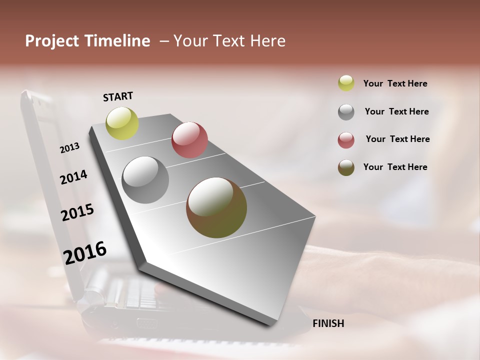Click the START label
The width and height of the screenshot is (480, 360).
(118, 96)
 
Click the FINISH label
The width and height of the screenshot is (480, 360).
(328, 323)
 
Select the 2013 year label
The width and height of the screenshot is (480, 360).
(70, 148)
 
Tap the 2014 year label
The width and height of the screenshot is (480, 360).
(73, 177)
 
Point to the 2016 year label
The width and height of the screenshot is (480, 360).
(85, 252)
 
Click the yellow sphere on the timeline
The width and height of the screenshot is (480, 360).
(122, 123)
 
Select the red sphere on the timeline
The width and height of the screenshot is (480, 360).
(189, 140)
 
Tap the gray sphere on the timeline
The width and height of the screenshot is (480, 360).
(145, 180)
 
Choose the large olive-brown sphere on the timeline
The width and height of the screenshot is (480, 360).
(216, 207)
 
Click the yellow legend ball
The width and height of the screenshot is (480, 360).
(346, 83)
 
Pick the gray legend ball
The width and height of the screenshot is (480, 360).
(346, 112)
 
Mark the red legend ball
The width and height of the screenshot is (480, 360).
(346, 140)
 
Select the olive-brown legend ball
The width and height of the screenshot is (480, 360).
(346, 167)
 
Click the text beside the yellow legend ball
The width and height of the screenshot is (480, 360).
(395, 83)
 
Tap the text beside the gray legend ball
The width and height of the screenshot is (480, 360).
(396, 111)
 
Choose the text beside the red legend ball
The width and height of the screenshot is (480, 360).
(397, 139)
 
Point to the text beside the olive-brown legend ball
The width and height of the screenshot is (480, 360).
(395, 167)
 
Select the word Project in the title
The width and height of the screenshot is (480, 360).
(52, 41)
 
